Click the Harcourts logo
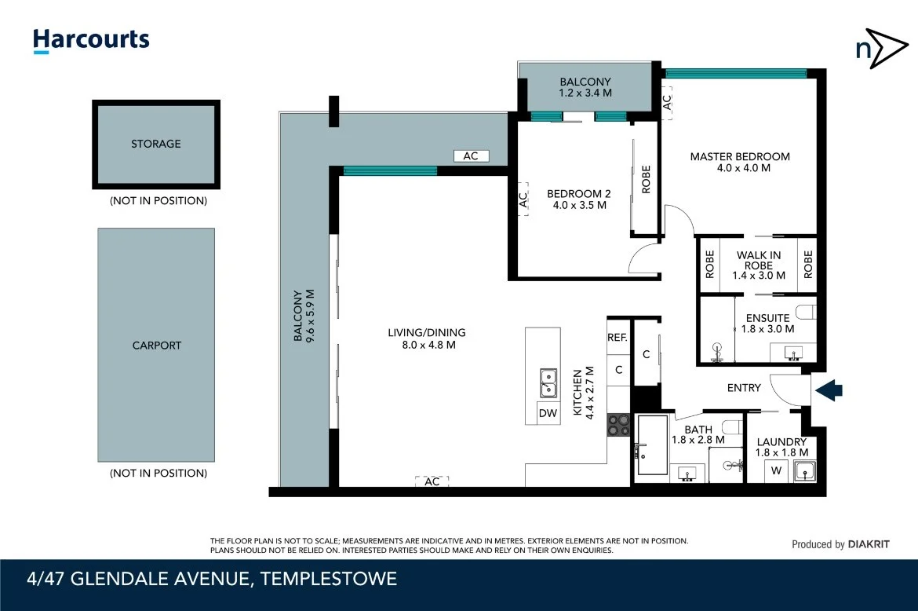(x=90, y=40)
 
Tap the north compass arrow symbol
(x=880, y=49)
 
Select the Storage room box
(x=156, y=145)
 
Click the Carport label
(x=156, y=345)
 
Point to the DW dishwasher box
(x=547, y=413)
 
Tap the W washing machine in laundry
(x=777, y=471)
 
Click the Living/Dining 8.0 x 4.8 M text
(x=426, y=338)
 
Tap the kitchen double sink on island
(x=547, y=382)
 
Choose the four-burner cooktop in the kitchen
(x=618, y=424)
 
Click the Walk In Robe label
(x=757, y=260)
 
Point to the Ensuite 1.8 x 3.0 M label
(x=767, y=324)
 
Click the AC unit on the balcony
(x=470, y=156)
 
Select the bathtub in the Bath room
(x=651, y=445)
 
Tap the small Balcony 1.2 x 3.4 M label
(x=585, y=87)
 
